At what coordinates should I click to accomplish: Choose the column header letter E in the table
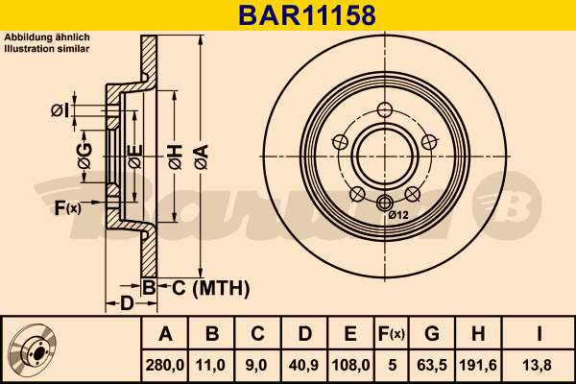click(350, 334)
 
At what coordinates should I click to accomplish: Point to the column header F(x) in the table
click(392, 334)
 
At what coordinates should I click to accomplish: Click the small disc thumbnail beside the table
click(33, 349)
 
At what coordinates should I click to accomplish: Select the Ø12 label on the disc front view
click(398, 215)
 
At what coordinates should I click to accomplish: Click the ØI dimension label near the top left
click(60, 110)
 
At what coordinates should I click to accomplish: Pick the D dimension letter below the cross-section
click(127, 303)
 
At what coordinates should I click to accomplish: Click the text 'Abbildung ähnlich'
click(47, 36)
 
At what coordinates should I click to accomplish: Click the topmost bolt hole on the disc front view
click(385, 108)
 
